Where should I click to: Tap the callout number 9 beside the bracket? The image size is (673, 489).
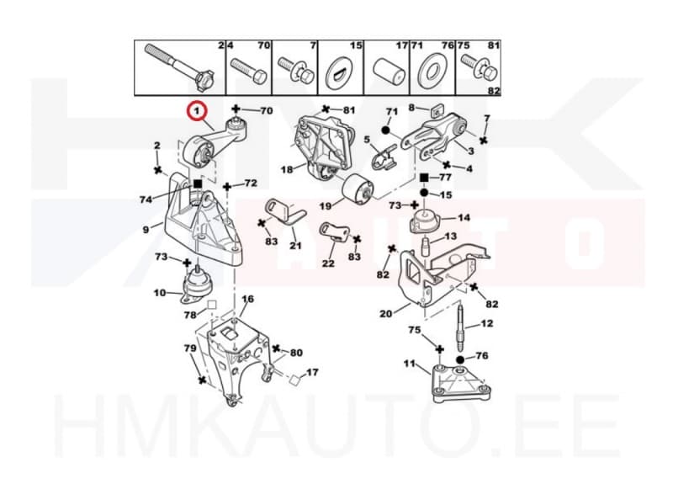146,229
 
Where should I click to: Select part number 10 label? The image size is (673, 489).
160,293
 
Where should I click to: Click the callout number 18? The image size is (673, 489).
287,169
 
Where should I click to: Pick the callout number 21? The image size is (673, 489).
295,246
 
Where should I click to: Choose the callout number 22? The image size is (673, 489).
328,263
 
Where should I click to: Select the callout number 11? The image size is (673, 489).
410,364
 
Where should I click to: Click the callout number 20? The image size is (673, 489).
386,314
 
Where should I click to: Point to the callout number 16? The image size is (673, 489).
247,300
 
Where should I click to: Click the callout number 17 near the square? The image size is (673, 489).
312,372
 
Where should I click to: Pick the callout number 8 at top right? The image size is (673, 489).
412,107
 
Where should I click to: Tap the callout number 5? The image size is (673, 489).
367,141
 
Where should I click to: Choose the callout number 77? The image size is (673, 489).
446,178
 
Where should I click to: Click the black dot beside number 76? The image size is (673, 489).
461,358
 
